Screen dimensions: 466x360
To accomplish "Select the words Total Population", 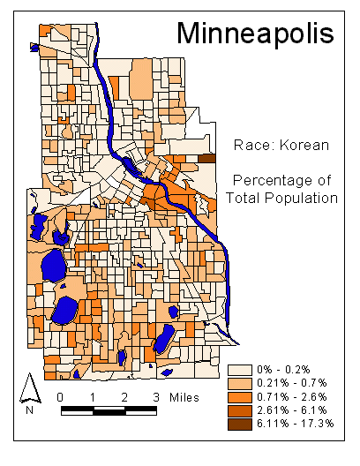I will [x=282, y=198].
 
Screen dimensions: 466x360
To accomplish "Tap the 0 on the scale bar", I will [x=59, y=396].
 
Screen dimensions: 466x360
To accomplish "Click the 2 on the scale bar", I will [x=125, y=396].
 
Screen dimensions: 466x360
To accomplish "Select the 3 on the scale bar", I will [x=157, y=396].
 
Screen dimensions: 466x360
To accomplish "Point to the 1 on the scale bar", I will [x=92, y=396].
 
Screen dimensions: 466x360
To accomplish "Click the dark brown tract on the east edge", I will [x=206, y=158].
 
